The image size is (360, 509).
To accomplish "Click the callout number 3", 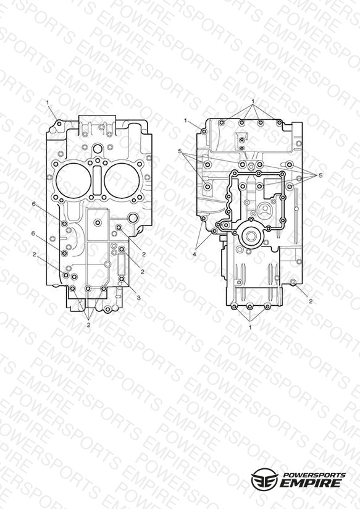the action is coord(138,298).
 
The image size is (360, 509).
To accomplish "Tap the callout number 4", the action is coord(195,254).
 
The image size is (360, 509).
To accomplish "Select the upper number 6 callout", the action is coord(34,204).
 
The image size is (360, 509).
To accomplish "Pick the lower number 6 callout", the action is coord(33,233).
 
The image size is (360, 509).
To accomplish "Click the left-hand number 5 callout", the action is coord(180,151).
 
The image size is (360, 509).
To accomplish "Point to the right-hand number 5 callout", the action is coord(320,175).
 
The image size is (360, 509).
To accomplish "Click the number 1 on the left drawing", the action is coord(48,103).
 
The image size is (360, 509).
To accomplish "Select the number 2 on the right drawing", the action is coord(311,301).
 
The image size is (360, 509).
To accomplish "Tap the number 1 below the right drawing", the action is coord(250,327).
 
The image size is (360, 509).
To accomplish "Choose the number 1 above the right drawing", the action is coord(253,101).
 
